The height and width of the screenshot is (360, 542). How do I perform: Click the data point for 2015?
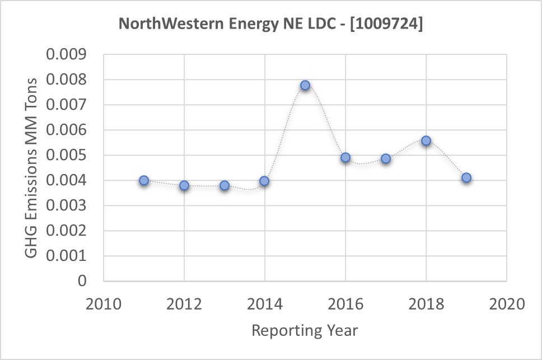(305, 86)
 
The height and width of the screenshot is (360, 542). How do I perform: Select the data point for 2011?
(144, 180)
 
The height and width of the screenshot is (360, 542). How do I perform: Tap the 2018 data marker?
(426, 141)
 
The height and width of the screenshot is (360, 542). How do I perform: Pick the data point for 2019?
(466, 178)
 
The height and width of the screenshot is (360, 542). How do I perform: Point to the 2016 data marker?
(345, 157)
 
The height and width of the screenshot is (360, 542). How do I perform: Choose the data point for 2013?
(225, 185)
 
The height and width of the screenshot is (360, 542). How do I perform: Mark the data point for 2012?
(184, 185)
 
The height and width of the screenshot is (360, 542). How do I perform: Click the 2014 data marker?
(264, 181)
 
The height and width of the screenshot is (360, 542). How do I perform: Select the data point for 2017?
(386, 158)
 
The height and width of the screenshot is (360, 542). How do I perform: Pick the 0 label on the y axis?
(83, 281)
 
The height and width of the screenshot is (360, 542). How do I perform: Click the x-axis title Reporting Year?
(305, 330)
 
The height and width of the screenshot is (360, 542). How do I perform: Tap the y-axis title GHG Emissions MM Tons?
(33, 167)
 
